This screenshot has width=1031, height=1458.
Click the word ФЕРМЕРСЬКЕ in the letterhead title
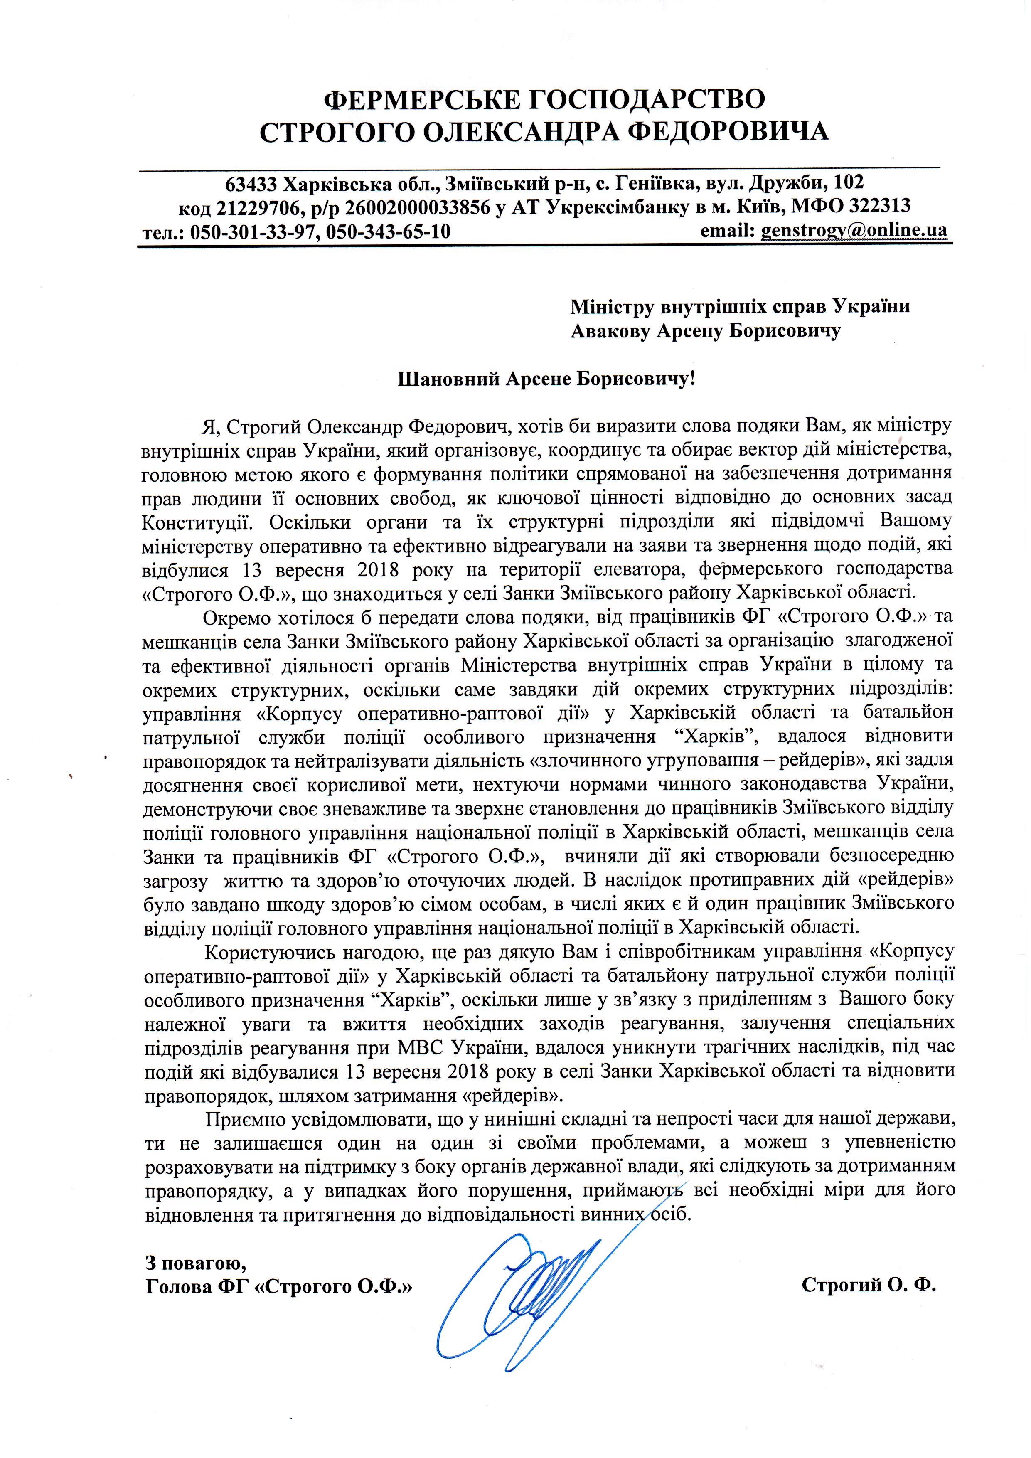coord(418,100)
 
